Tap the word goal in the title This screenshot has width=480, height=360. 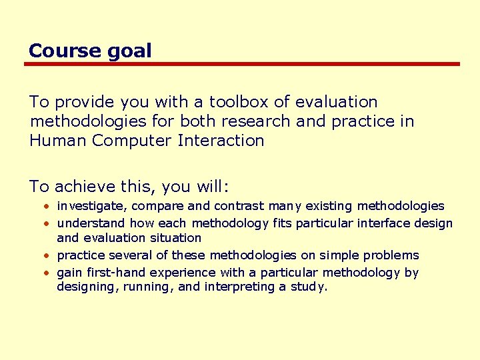[x=131, y=51]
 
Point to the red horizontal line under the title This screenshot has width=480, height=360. [x=242, y=64]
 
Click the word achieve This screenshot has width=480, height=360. [x=83, y=187]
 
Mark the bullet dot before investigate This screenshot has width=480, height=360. [x=49, y=206]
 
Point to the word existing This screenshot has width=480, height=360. [x=329, y=206]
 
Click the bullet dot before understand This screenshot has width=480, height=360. [x=49, y=223]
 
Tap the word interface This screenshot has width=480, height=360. [x=383, y=223]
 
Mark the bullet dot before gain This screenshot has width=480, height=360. [x=49, y=273]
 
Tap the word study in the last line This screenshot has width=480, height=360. [x=310, y=287]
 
